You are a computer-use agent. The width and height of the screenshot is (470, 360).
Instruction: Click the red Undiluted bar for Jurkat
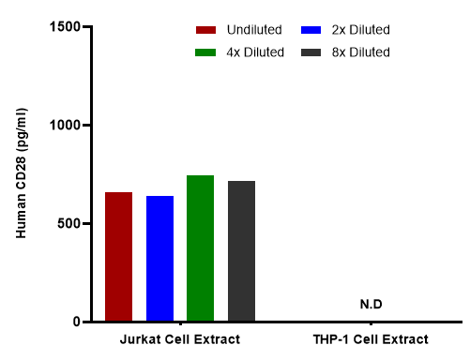[118, 256]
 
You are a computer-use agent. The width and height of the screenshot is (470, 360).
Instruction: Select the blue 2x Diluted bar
[159, 258]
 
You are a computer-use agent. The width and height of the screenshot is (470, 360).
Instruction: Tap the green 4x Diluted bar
[200, 247]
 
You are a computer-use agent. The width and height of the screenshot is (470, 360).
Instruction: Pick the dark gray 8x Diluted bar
[241, 250]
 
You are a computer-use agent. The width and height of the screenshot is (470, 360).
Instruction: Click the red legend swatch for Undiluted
[205, 30]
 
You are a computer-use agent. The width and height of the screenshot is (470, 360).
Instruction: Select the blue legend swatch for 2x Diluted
[311, 30]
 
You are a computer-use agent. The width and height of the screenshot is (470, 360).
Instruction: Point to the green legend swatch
[205, 52]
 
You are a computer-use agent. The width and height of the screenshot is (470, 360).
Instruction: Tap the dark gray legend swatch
[311, 52]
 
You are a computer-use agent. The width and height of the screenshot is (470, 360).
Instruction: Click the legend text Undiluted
[254, 30]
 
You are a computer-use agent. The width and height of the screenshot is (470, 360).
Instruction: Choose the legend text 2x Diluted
[361, 30]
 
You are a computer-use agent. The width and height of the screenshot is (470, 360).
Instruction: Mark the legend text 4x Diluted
[255, 52]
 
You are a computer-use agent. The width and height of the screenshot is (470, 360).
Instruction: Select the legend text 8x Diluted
[361, 52]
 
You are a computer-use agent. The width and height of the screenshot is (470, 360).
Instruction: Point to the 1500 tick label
[66, 26]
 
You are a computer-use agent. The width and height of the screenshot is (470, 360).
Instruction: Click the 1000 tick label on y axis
[66, 125]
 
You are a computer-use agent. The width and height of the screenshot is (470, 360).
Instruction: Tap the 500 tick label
[69, 224]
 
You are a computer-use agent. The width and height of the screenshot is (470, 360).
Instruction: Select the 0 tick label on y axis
[77, 322]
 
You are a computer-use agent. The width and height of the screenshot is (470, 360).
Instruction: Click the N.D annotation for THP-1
[371, 304]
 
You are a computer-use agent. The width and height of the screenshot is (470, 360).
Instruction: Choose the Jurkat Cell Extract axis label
[180, 339]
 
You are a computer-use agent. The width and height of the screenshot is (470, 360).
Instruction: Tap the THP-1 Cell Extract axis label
[371, 339]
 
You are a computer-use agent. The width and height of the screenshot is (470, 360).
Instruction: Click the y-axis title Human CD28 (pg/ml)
[22, 173]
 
